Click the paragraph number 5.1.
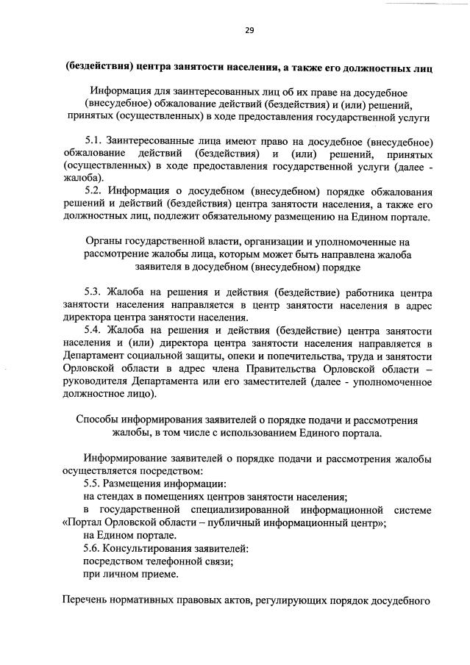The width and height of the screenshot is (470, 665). [94, 141]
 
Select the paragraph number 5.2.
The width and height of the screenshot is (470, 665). [94, 191]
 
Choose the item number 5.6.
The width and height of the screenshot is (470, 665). [94, 548]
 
